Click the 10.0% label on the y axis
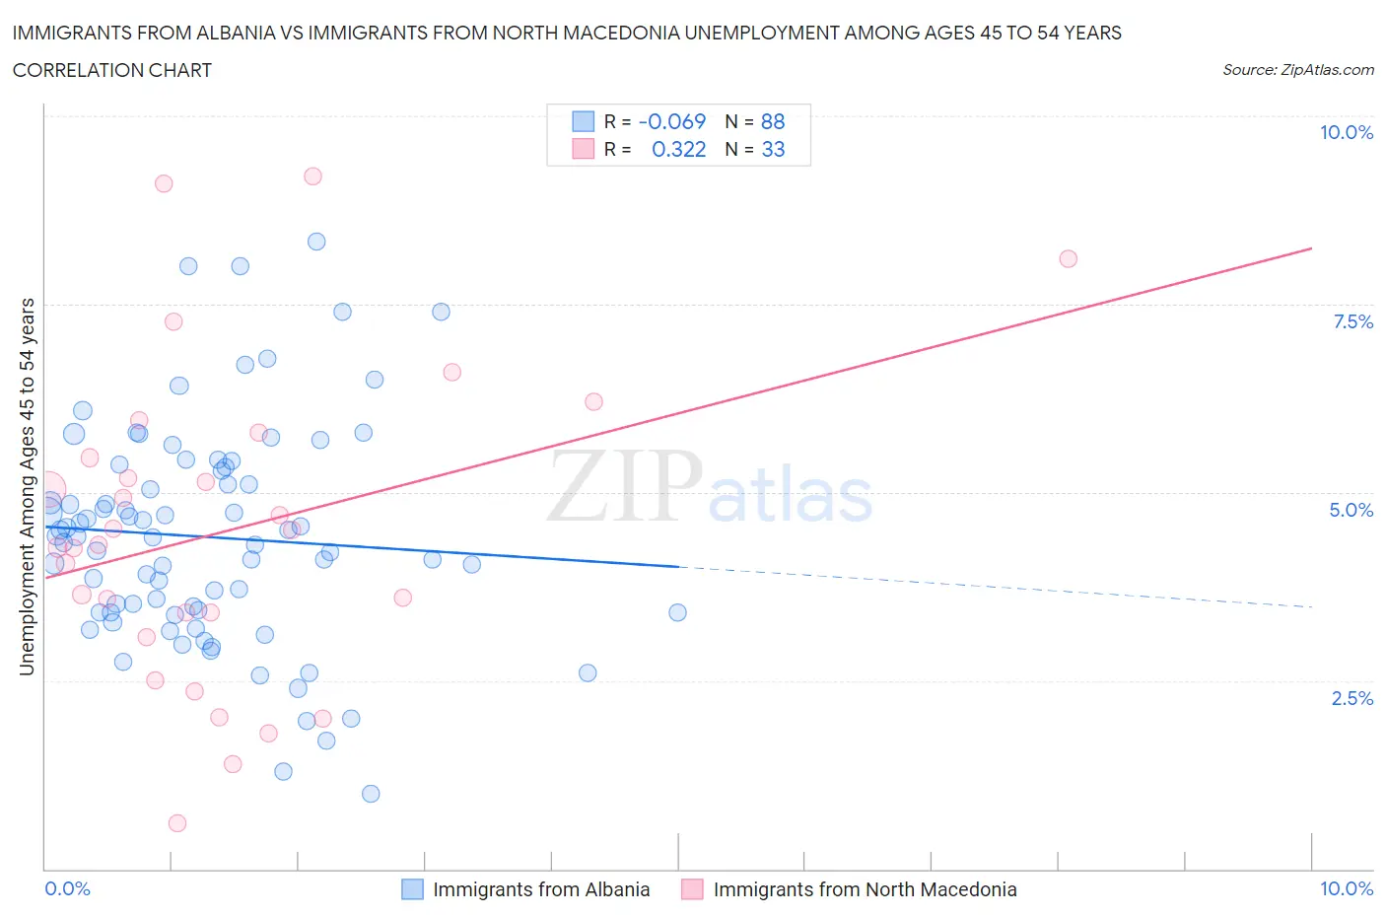(1346, 132)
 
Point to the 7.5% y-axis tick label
(1351, 321)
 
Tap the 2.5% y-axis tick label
(1351, 698)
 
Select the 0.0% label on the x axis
(67, 888)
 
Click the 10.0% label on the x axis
(1346, 888)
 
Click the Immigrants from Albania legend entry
(540, 889)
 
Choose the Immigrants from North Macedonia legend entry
(864, 889)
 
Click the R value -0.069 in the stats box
(672, 121)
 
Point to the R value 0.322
(678, 149)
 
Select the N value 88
(773, 121)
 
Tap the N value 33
(773, 149)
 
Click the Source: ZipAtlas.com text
(1297, 69)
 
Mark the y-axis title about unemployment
(27, 487)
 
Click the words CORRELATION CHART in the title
(112, 70)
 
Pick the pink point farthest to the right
(1068, 258)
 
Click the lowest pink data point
(177, 823)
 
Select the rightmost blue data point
(677, 612)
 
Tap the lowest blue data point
(371, 794)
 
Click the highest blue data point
(316, 242)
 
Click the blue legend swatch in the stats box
(584, 121)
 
